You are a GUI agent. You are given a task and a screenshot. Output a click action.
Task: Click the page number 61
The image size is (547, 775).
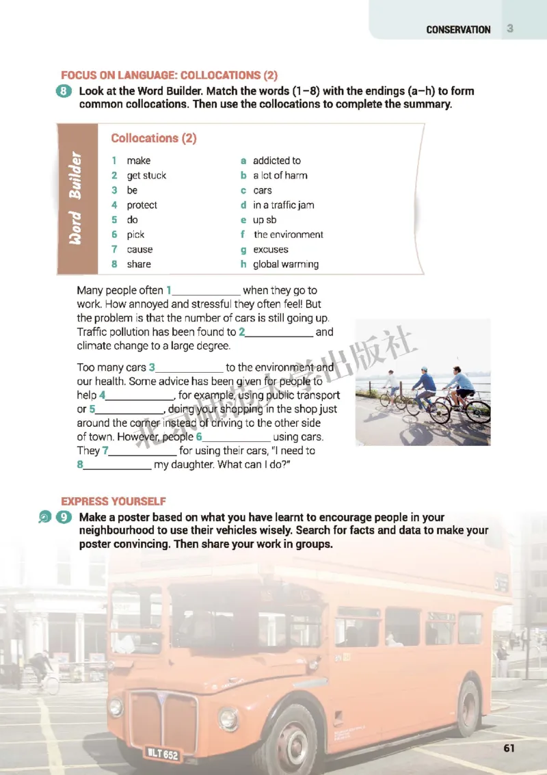[x=509, y=748]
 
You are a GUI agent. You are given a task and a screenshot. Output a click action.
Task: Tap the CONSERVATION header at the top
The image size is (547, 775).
[x=458, y=29]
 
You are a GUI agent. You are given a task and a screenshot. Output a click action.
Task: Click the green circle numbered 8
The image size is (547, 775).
[x=66, y=92]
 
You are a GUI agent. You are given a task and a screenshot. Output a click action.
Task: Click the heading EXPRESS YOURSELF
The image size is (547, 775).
[x=114, y=501]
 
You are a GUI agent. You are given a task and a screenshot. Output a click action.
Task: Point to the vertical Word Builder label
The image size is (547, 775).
[x=76, y=199]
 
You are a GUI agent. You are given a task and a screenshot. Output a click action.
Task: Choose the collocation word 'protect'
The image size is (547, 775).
[x=142, y=205]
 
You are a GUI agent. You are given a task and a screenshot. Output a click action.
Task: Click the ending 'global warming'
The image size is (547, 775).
[x=285, y=264]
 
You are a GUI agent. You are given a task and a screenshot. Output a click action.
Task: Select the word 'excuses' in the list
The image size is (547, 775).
[x=270, y=250]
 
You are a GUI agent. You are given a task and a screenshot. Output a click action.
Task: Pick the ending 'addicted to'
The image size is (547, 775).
[x=276, y=161]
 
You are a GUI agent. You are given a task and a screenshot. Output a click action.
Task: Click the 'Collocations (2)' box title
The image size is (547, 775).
[x=154, y=138]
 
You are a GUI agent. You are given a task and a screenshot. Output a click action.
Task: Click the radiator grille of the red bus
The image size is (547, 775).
[x=163, y=719]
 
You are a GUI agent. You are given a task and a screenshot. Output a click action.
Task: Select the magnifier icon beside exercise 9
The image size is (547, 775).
[x=44, y=518]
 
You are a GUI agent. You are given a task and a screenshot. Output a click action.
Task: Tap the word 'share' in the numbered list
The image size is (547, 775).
[x=139, y=264]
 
